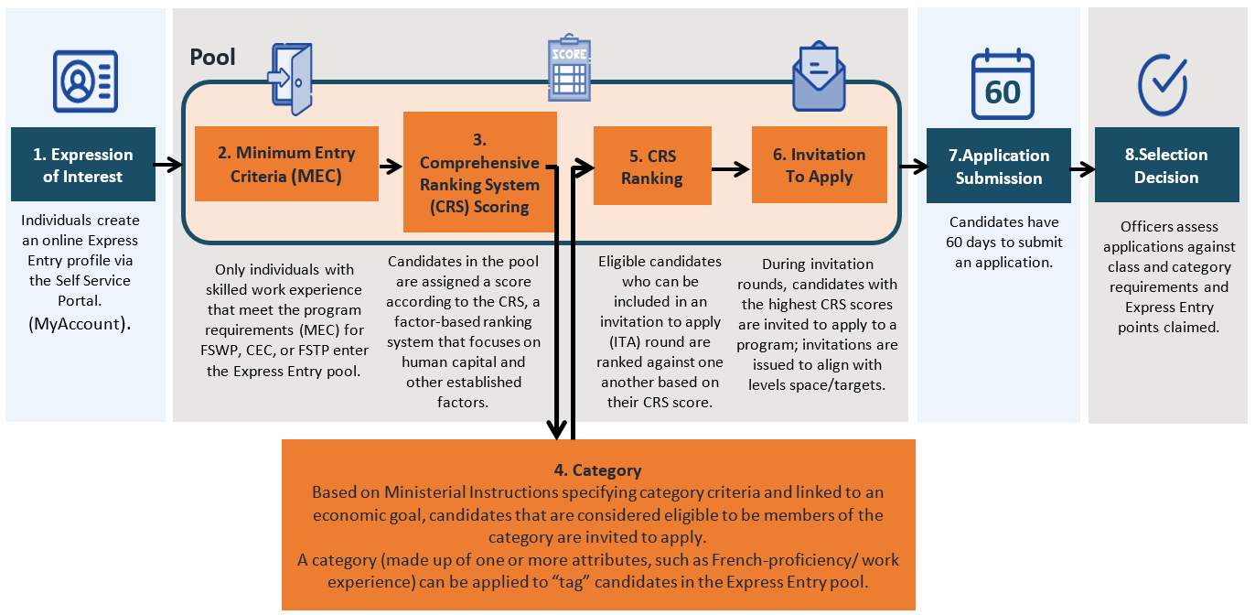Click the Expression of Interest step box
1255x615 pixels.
coord(83,165)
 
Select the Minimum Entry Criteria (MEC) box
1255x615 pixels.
coord(286,164)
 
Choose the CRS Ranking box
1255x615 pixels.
coord(651,166)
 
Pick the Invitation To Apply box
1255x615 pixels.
coord(819,165)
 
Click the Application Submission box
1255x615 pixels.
coord(998,166)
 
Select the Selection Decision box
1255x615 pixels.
coord(1166,166)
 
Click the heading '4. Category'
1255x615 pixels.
coord(597,470)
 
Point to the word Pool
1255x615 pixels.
coord(212,58)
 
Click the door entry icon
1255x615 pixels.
coord(291,80)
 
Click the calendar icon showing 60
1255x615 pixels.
coord(1003,85)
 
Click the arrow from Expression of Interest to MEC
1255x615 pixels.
coord(169,166)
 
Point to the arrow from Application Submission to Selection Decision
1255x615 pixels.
coord(1082,168)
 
